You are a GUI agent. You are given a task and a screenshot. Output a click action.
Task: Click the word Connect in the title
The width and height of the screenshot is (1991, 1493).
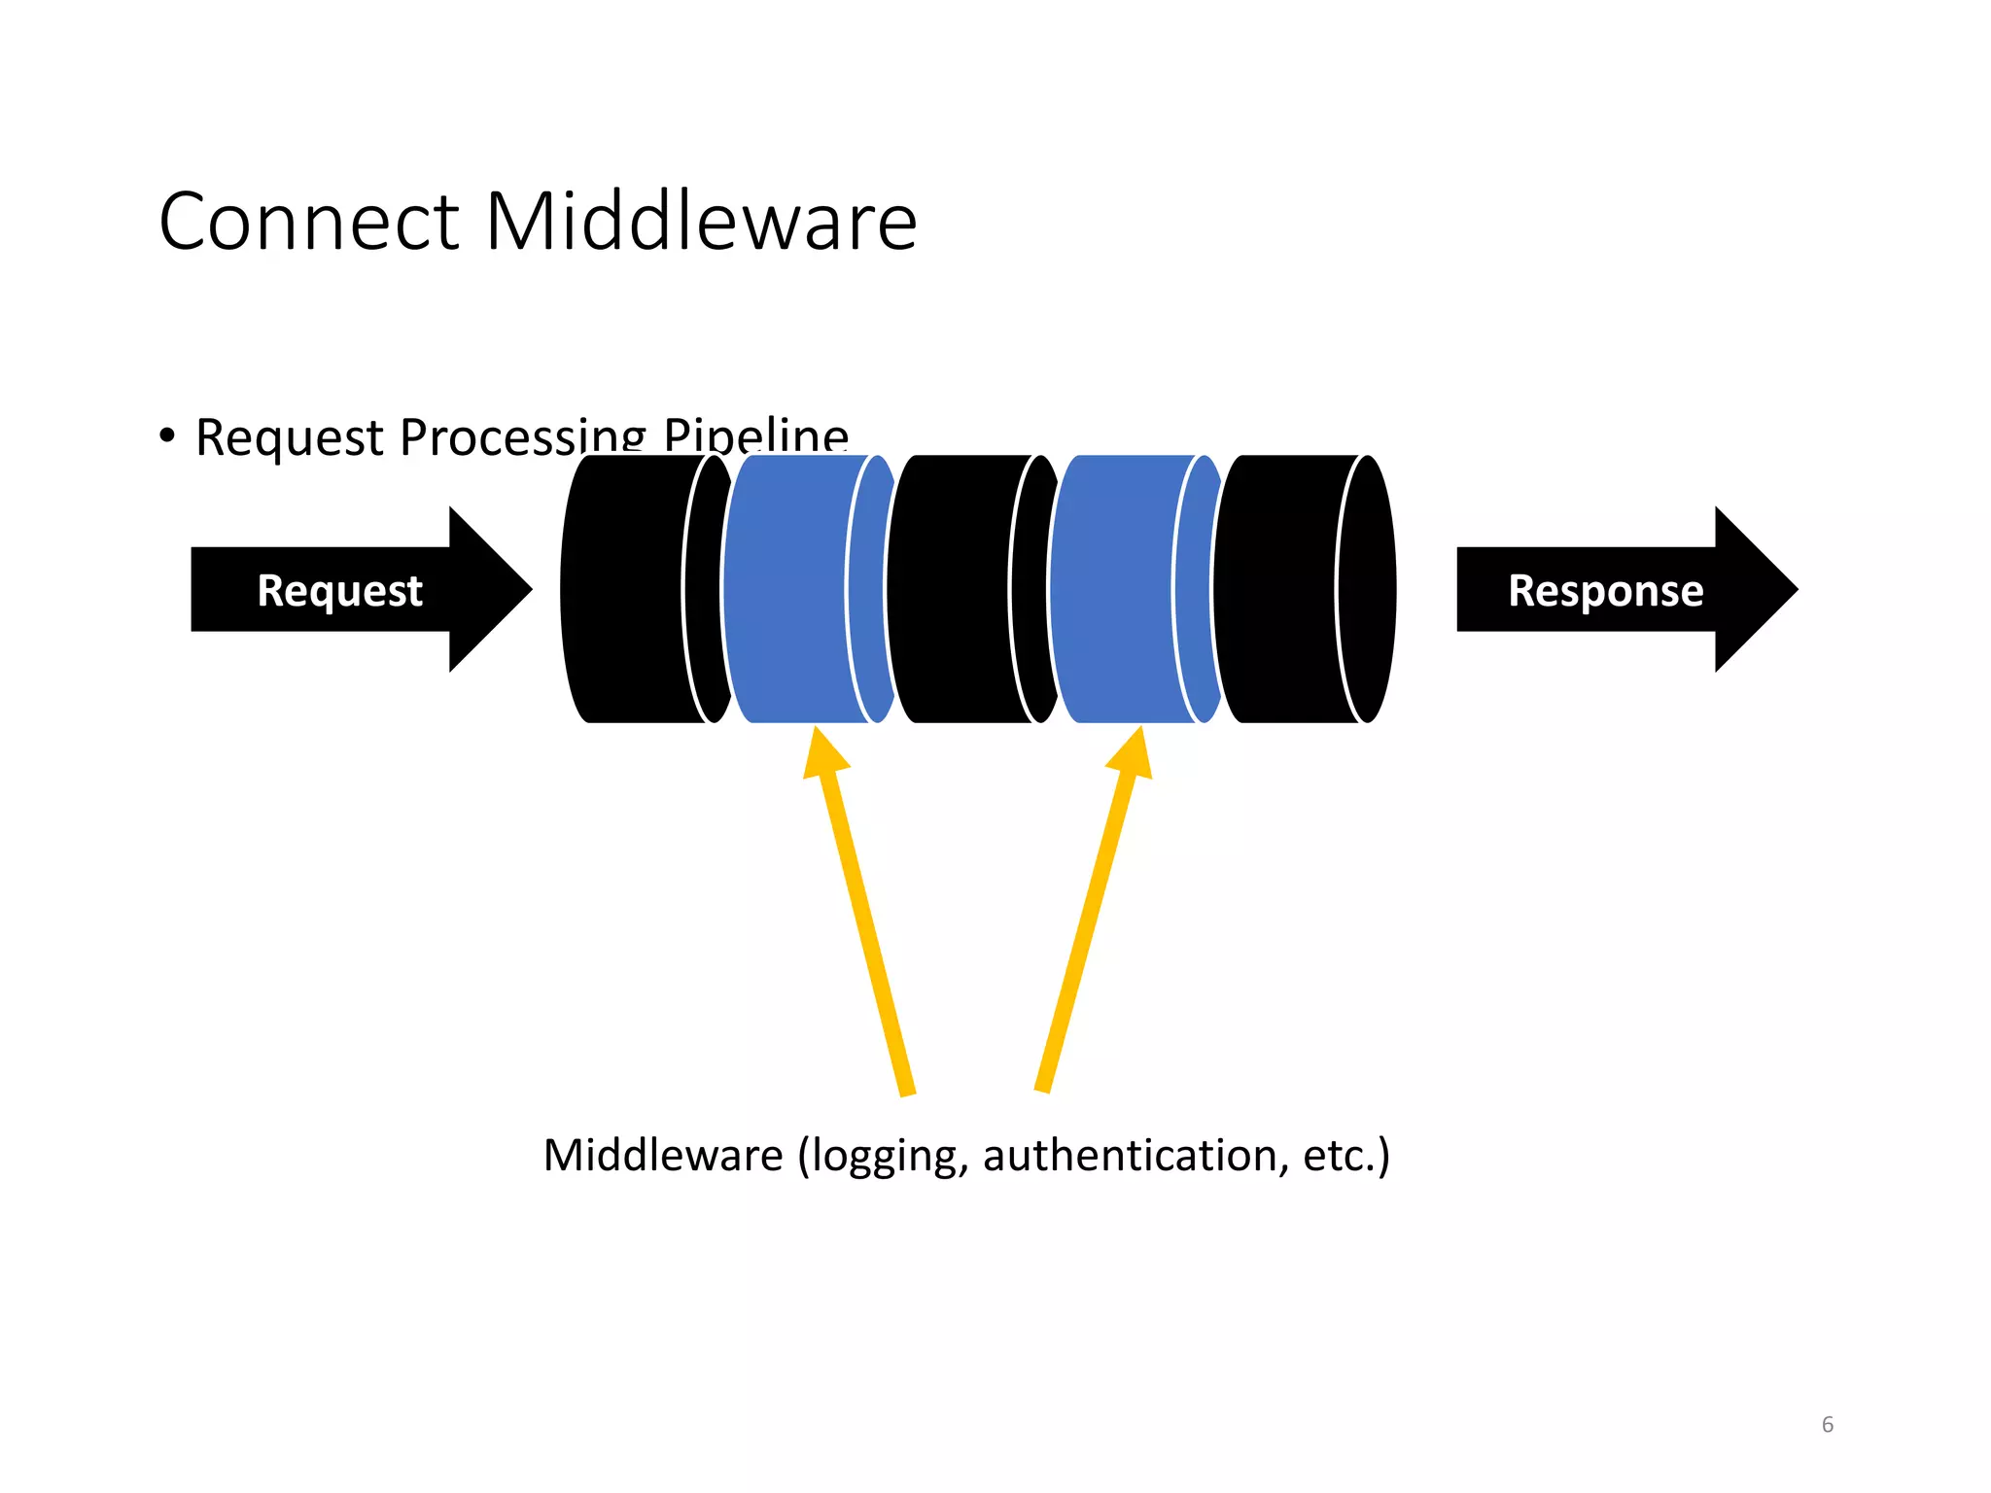coord(308,222)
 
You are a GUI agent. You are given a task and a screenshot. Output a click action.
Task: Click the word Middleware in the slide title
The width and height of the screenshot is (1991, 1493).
coord(700,222)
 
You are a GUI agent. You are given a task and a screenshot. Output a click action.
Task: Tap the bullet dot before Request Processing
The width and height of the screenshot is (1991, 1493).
coord(167,435)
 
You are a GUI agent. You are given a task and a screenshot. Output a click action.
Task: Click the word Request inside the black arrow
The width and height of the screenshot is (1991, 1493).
coord(339,590)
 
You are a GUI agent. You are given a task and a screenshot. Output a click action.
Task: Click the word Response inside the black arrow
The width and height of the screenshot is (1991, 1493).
coord(1605,590)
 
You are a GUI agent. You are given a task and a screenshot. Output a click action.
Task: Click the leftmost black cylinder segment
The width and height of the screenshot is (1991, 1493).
coord(627,589)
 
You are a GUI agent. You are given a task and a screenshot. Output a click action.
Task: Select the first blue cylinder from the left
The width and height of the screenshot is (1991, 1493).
coord(787,589)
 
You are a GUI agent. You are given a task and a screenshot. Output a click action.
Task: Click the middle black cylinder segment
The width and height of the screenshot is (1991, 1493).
coord(953,589)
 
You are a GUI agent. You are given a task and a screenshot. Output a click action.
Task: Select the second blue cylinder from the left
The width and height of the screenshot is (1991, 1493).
coord(1114,589)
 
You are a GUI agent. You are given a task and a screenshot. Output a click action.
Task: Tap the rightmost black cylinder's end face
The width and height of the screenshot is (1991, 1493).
coord(1367,589)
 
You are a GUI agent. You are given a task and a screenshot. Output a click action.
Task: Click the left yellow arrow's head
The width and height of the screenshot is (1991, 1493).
coord(824,753)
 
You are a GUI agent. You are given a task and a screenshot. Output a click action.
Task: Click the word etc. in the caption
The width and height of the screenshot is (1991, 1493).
coord(1343,1155)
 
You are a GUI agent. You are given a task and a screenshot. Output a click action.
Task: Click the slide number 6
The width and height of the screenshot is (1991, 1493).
coord(1827,1424)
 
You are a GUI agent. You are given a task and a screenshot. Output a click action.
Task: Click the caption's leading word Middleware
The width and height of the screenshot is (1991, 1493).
coord(663,1155)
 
